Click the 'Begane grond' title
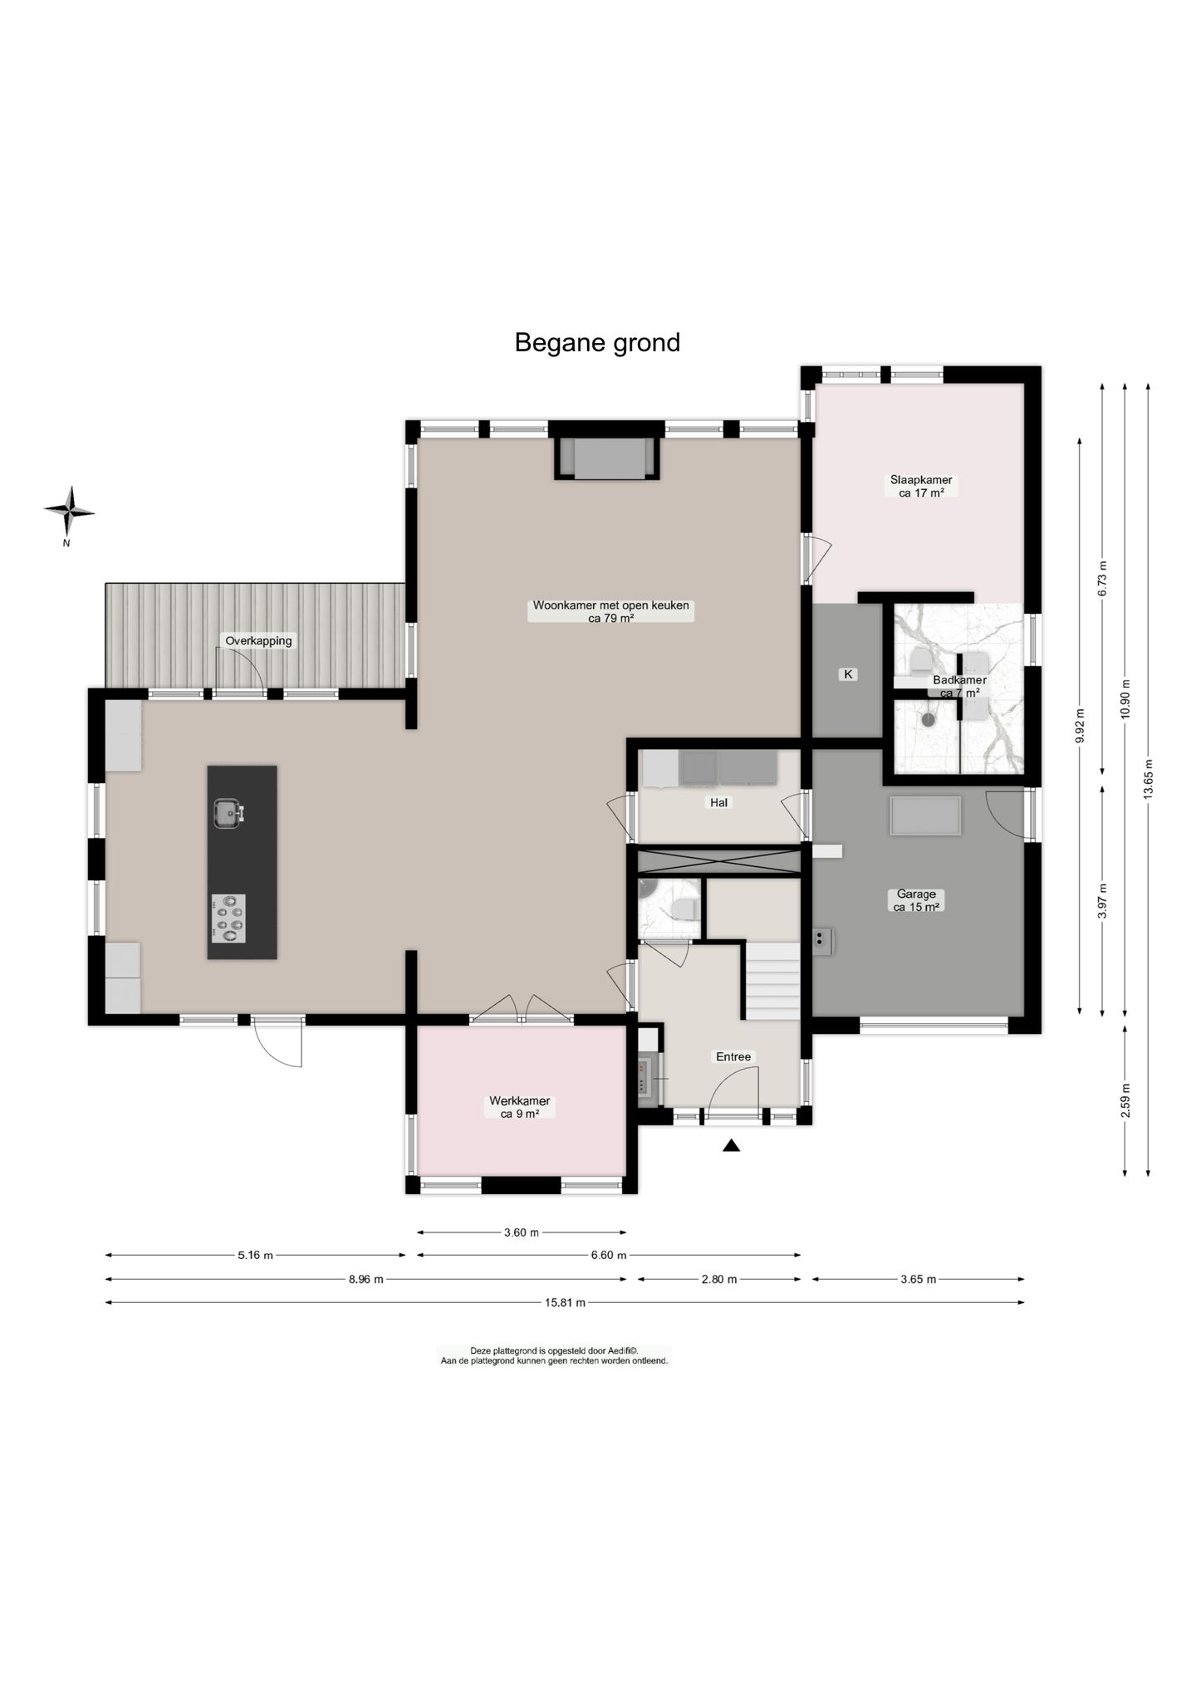click(x=597, y=342)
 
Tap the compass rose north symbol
click(x=69, y=512)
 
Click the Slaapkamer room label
click(x=921, y=486)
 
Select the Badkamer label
click(x=959, y=686)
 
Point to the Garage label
click(x=916, y=900)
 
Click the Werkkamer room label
click(x=520, y=1107)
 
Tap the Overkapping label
click(x=258, y=641)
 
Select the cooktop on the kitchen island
click(x=228, y=918)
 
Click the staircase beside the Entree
click(x=772, y=980)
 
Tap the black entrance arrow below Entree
click(x=731, y=1146)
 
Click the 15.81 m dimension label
click(x=565, y=1302)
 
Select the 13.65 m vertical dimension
click(x=1148, y=779)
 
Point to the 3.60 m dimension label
click(x=522, y=1232)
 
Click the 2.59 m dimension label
click(x=1125, y=1100)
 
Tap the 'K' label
click(x=848, y=674)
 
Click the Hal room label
click(x=718, y=802)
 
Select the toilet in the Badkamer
click(x=919, y=661)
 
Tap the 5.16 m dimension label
click(x=255, y=1255)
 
